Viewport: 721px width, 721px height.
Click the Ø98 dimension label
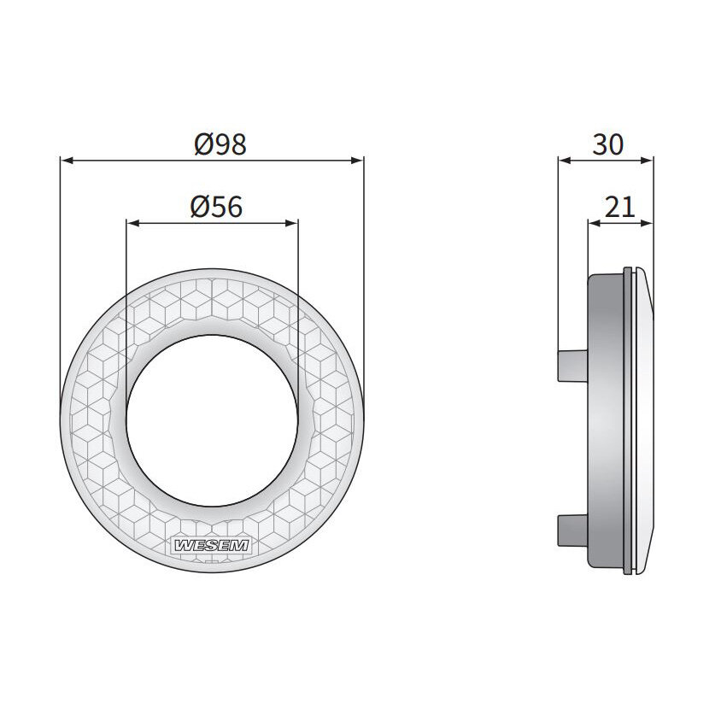(220, 144)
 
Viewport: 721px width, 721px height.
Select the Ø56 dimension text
(216, 207)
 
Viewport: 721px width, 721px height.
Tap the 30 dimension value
(607, 144)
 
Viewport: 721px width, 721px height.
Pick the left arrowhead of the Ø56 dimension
(133, 224)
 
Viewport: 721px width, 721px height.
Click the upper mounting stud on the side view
(571, 365)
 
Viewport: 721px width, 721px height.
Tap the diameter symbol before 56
(198, 207)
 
